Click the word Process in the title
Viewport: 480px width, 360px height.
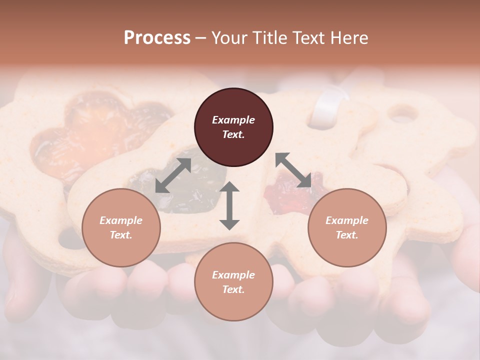tap(157, 38)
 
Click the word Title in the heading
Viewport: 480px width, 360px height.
tap(270, 38)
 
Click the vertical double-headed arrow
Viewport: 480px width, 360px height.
tap(229, 206)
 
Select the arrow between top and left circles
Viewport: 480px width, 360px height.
tap(173, 175)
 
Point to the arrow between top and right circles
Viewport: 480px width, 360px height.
tap(293, 170)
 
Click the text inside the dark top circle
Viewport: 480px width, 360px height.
tap(233, 127)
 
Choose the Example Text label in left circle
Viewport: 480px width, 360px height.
tap(121, 227)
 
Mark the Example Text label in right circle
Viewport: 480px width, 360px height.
tap(346, 227)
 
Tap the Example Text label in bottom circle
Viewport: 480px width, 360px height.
tap(233, 282)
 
